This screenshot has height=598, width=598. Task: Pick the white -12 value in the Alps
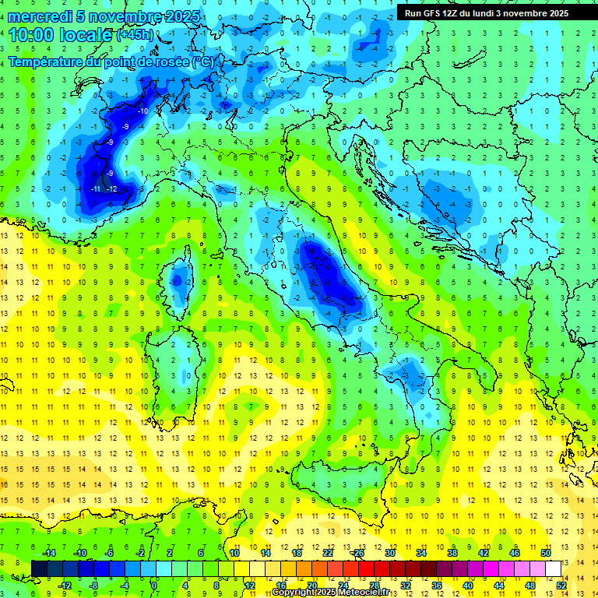[x=112, y=189]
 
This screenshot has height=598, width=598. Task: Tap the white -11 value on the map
[x=96, y=189]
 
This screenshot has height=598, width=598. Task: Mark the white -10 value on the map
[x=142, y=111]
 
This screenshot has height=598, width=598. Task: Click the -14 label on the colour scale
[x=48, y=552]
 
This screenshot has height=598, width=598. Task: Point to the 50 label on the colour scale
[x=545, y=552]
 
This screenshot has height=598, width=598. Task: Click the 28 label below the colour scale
[x=375, y=585]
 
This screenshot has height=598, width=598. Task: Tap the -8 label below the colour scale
[x=94, y=585]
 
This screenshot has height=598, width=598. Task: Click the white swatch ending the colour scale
[x=553, y=568]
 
